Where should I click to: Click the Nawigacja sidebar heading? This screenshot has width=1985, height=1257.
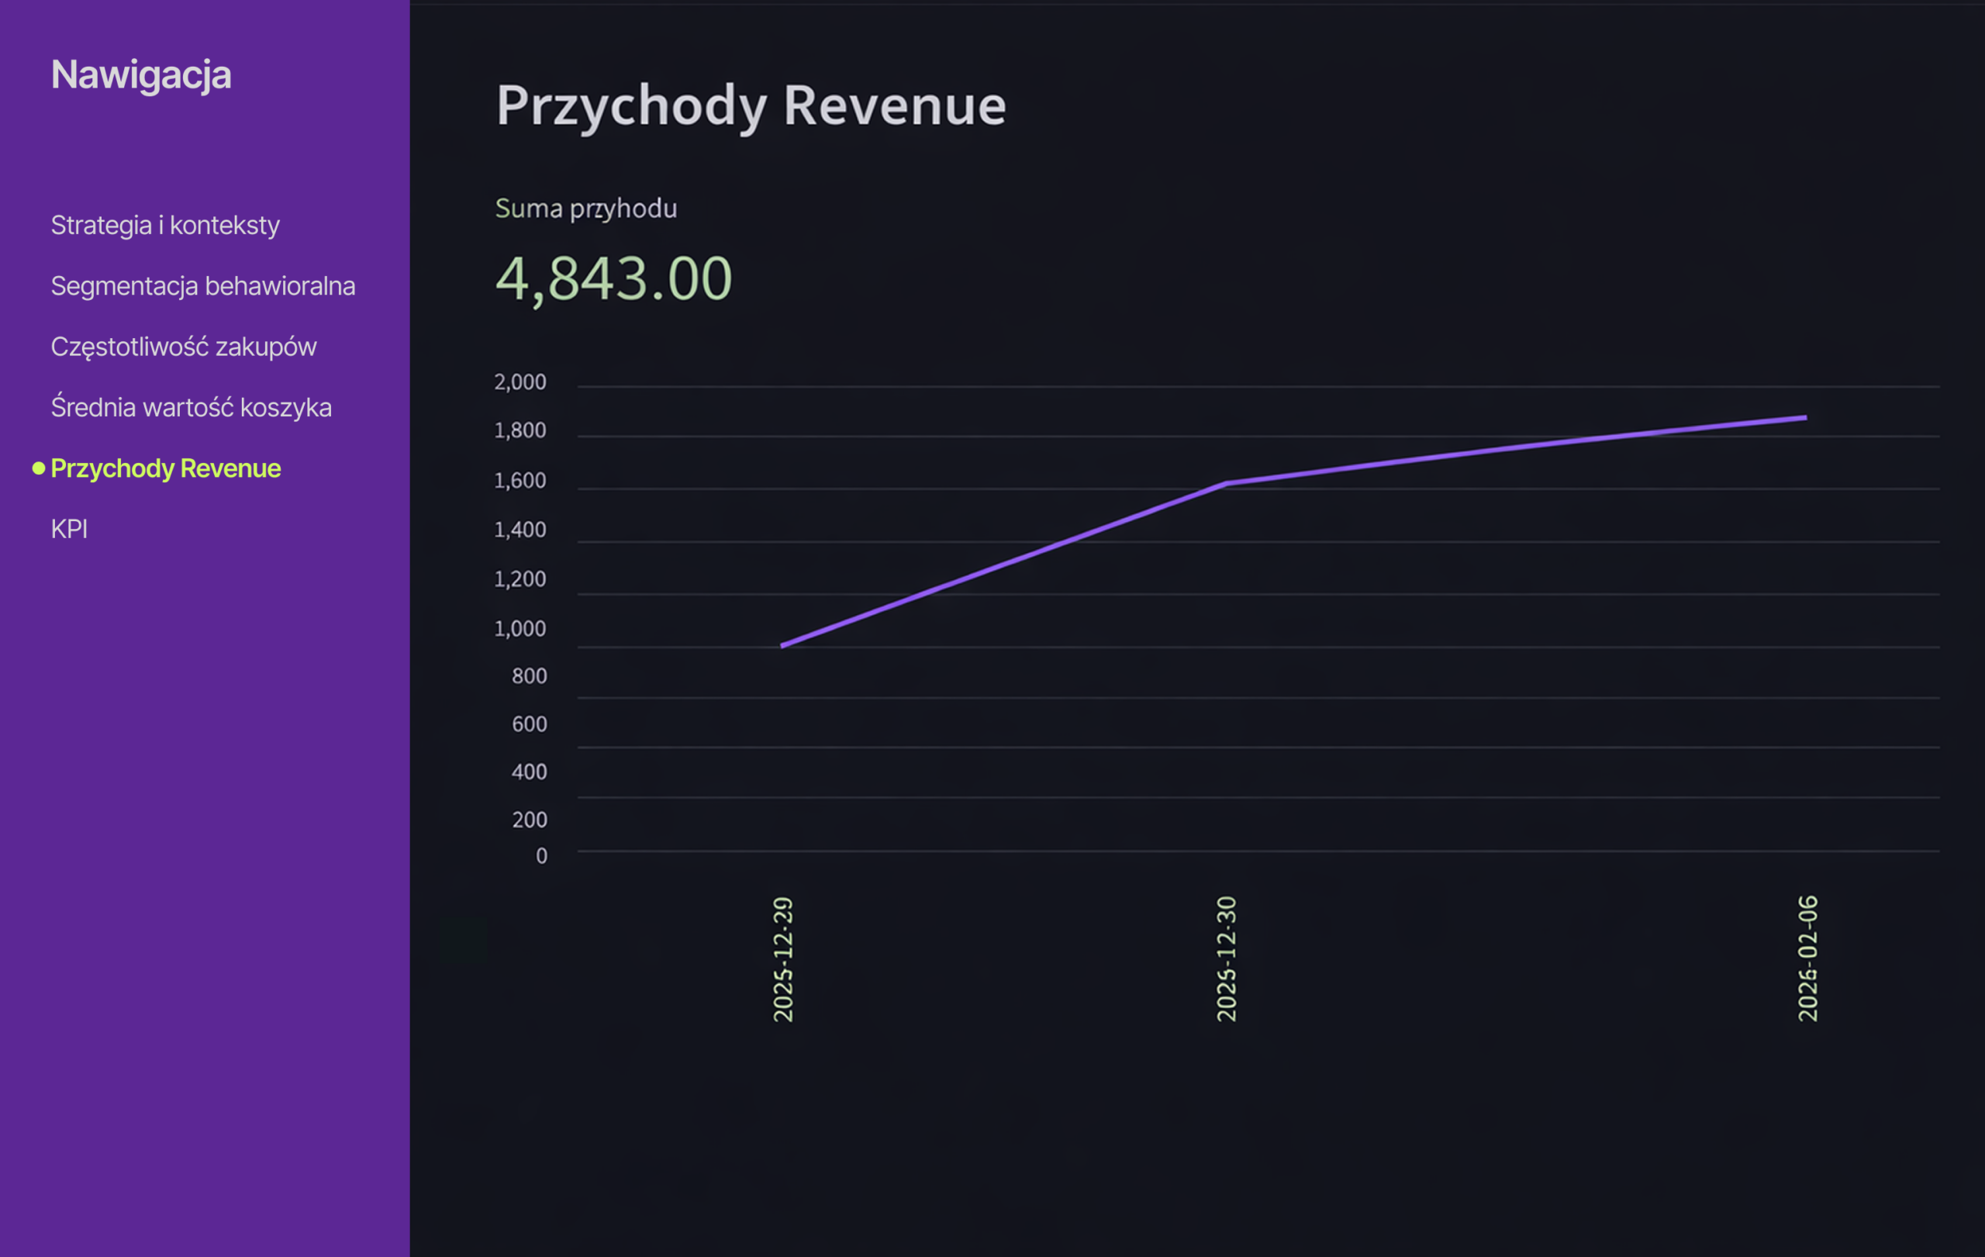click(141, 75)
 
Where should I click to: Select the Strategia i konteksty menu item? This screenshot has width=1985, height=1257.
click(165, 225)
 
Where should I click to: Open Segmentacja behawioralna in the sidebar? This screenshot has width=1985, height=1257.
click(203, 286)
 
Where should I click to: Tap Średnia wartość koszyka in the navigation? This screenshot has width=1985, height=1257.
click(192, 407)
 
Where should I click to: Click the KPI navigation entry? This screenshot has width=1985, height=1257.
click(69, 529)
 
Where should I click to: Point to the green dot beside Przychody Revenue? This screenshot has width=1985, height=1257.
click(39, 468)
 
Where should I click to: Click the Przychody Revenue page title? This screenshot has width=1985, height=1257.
click(750, 106)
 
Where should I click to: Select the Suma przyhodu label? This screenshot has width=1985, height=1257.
click(585, 209)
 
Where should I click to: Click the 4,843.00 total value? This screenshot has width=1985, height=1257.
click(613, 278)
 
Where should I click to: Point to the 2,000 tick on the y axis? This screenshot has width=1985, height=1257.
click(520, 382)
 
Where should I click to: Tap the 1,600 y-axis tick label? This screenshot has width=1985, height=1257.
click(520, 481)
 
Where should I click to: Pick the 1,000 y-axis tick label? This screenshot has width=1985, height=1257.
click(520, 629)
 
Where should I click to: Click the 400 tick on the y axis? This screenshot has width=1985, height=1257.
click(530, 772)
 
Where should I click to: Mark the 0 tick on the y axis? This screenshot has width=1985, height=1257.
click(541, 856)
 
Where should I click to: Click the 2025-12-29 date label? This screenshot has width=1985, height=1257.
click(783, 959)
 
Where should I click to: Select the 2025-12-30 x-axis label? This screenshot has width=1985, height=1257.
click(1227, 959)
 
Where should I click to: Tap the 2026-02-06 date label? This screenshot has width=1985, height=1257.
click(1807, 959)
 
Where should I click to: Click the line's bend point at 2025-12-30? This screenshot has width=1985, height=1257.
click(1227, 483)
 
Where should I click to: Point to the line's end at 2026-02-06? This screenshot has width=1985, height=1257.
click(1806, 418)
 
